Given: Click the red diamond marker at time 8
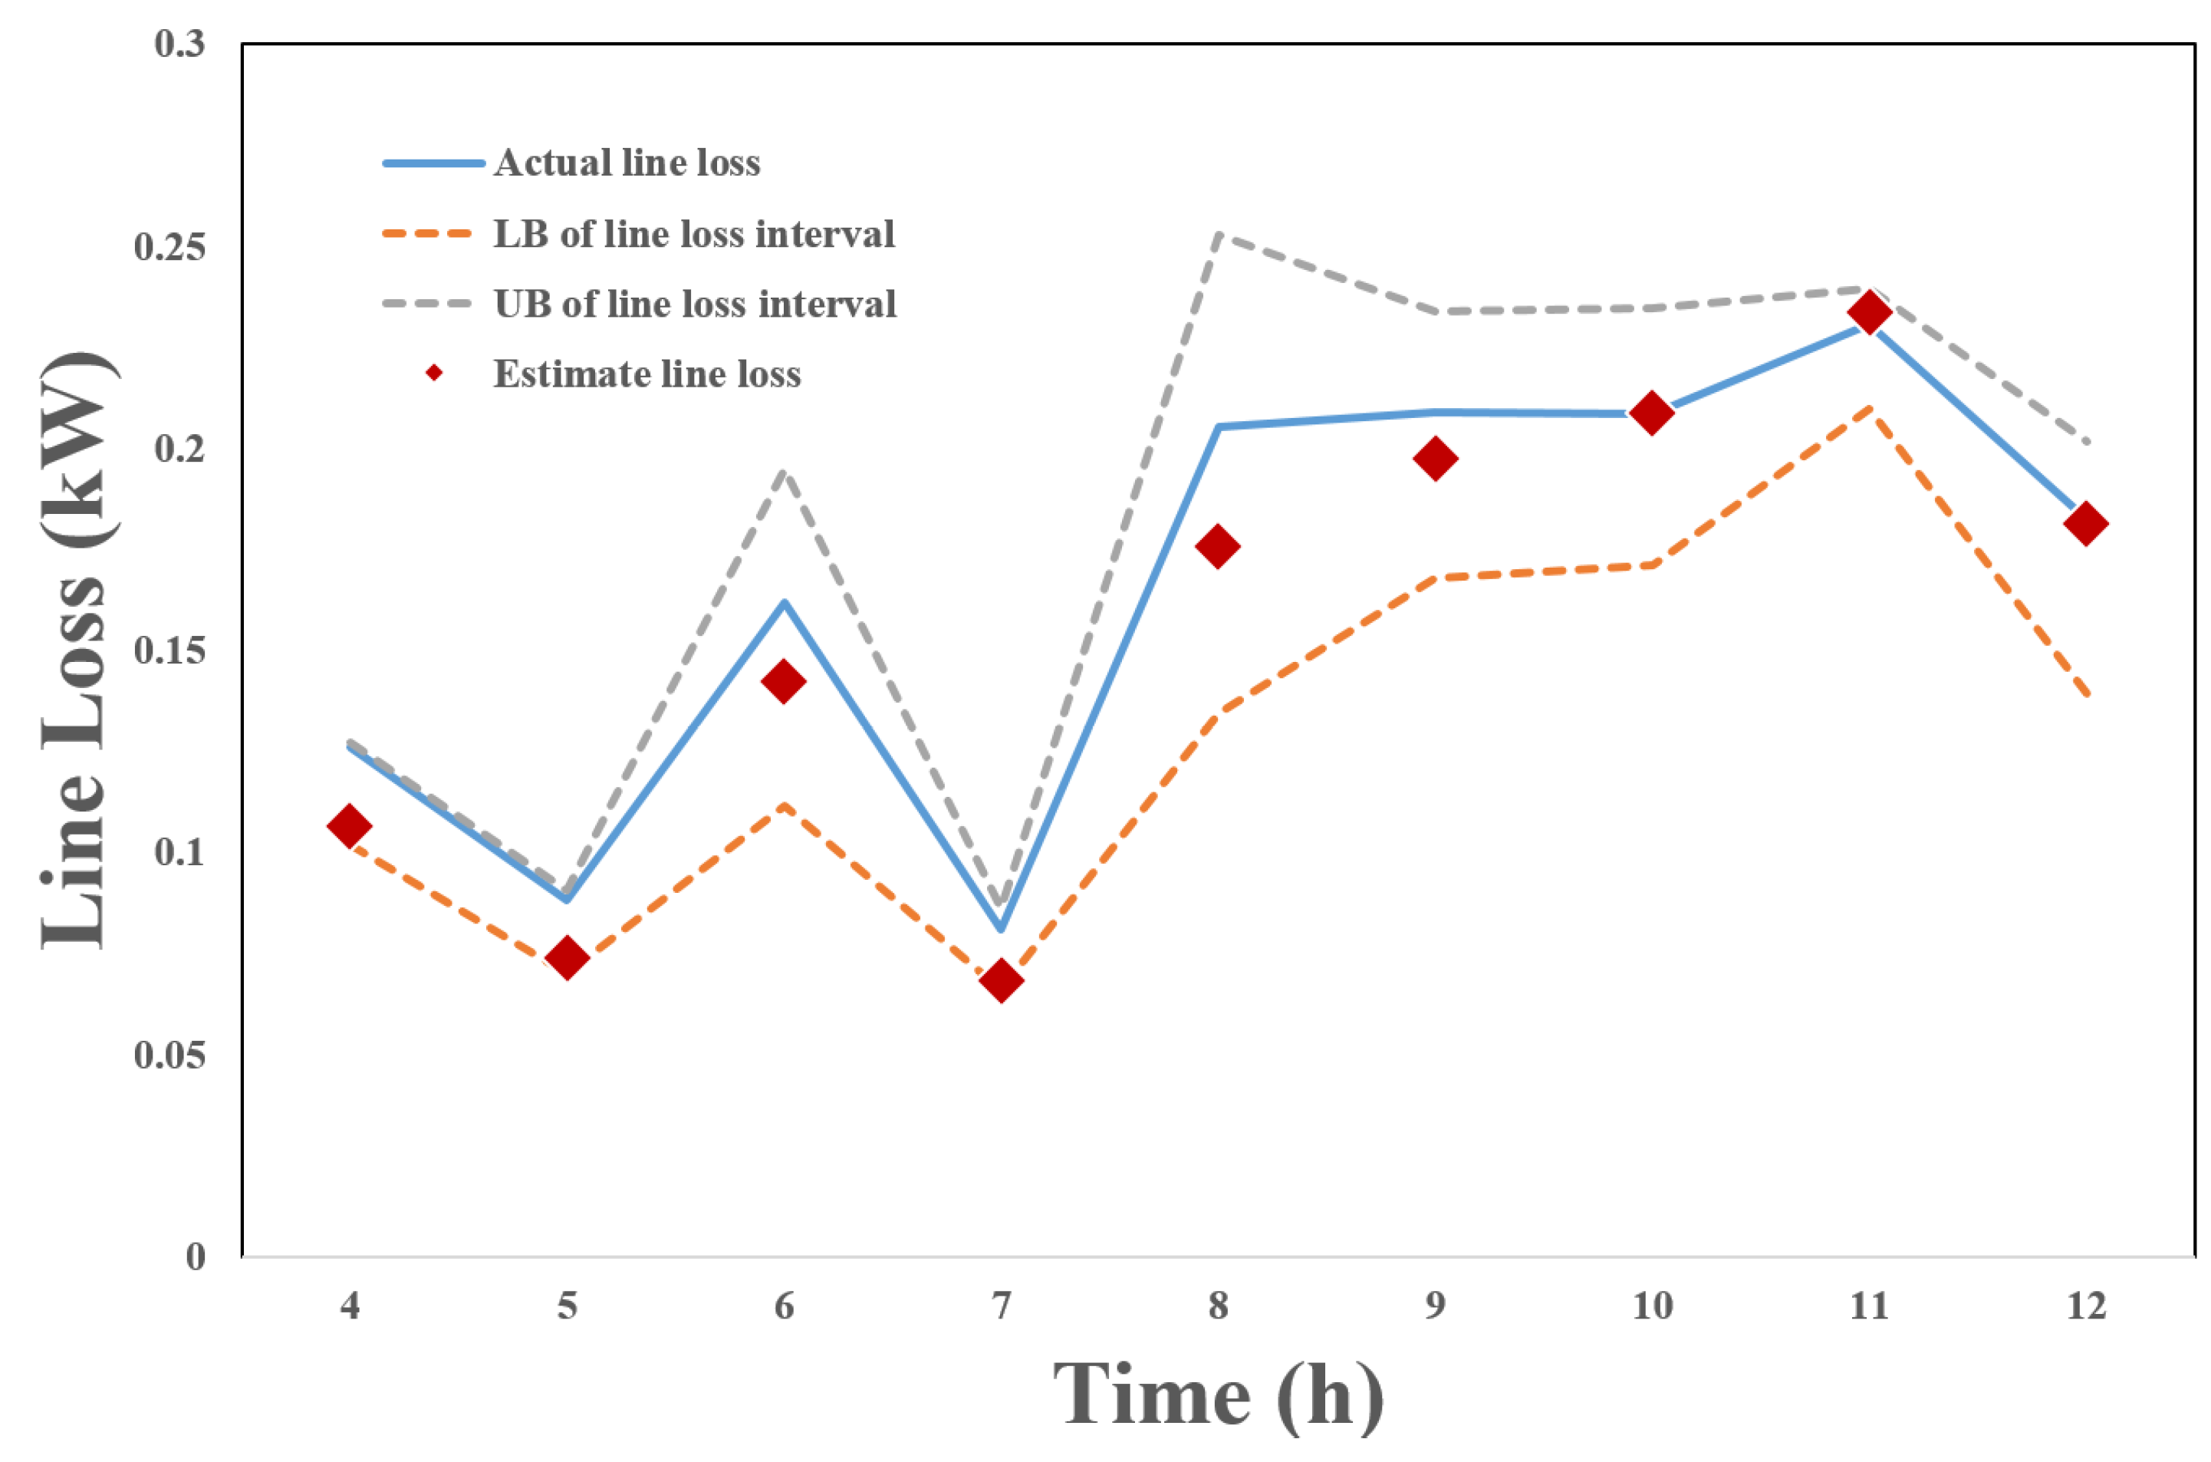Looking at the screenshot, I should (1217, 546).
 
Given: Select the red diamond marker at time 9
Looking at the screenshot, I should (1435, 459).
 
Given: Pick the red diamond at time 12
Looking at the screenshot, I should (2086, 523).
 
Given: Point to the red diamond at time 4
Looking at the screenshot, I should (350, 826).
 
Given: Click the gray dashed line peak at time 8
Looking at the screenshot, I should (1217, 235).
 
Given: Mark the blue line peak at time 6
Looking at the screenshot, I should (784, 602).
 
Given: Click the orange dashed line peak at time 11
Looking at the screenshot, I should (1868, 408).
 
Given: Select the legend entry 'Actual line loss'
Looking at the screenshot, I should (627, 163).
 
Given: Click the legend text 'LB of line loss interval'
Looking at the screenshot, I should (693, 234).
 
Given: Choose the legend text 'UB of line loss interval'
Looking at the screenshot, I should (694, 304).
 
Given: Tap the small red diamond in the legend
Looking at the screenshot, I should (433, 374).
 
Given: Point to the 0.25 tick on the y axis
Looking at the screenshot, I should (169, 247).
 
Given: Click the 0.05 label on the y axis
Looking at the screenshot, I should (169, 1055).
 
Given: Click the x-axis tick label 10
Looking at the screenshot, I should (1652, 1307).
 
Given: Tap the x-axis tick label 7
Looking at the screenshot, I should (1000, 1307).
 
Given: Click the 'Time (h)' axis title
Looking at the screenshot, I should (1217, 1396).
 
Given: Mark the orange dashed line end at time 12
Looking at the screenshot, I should (2084, 696).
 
